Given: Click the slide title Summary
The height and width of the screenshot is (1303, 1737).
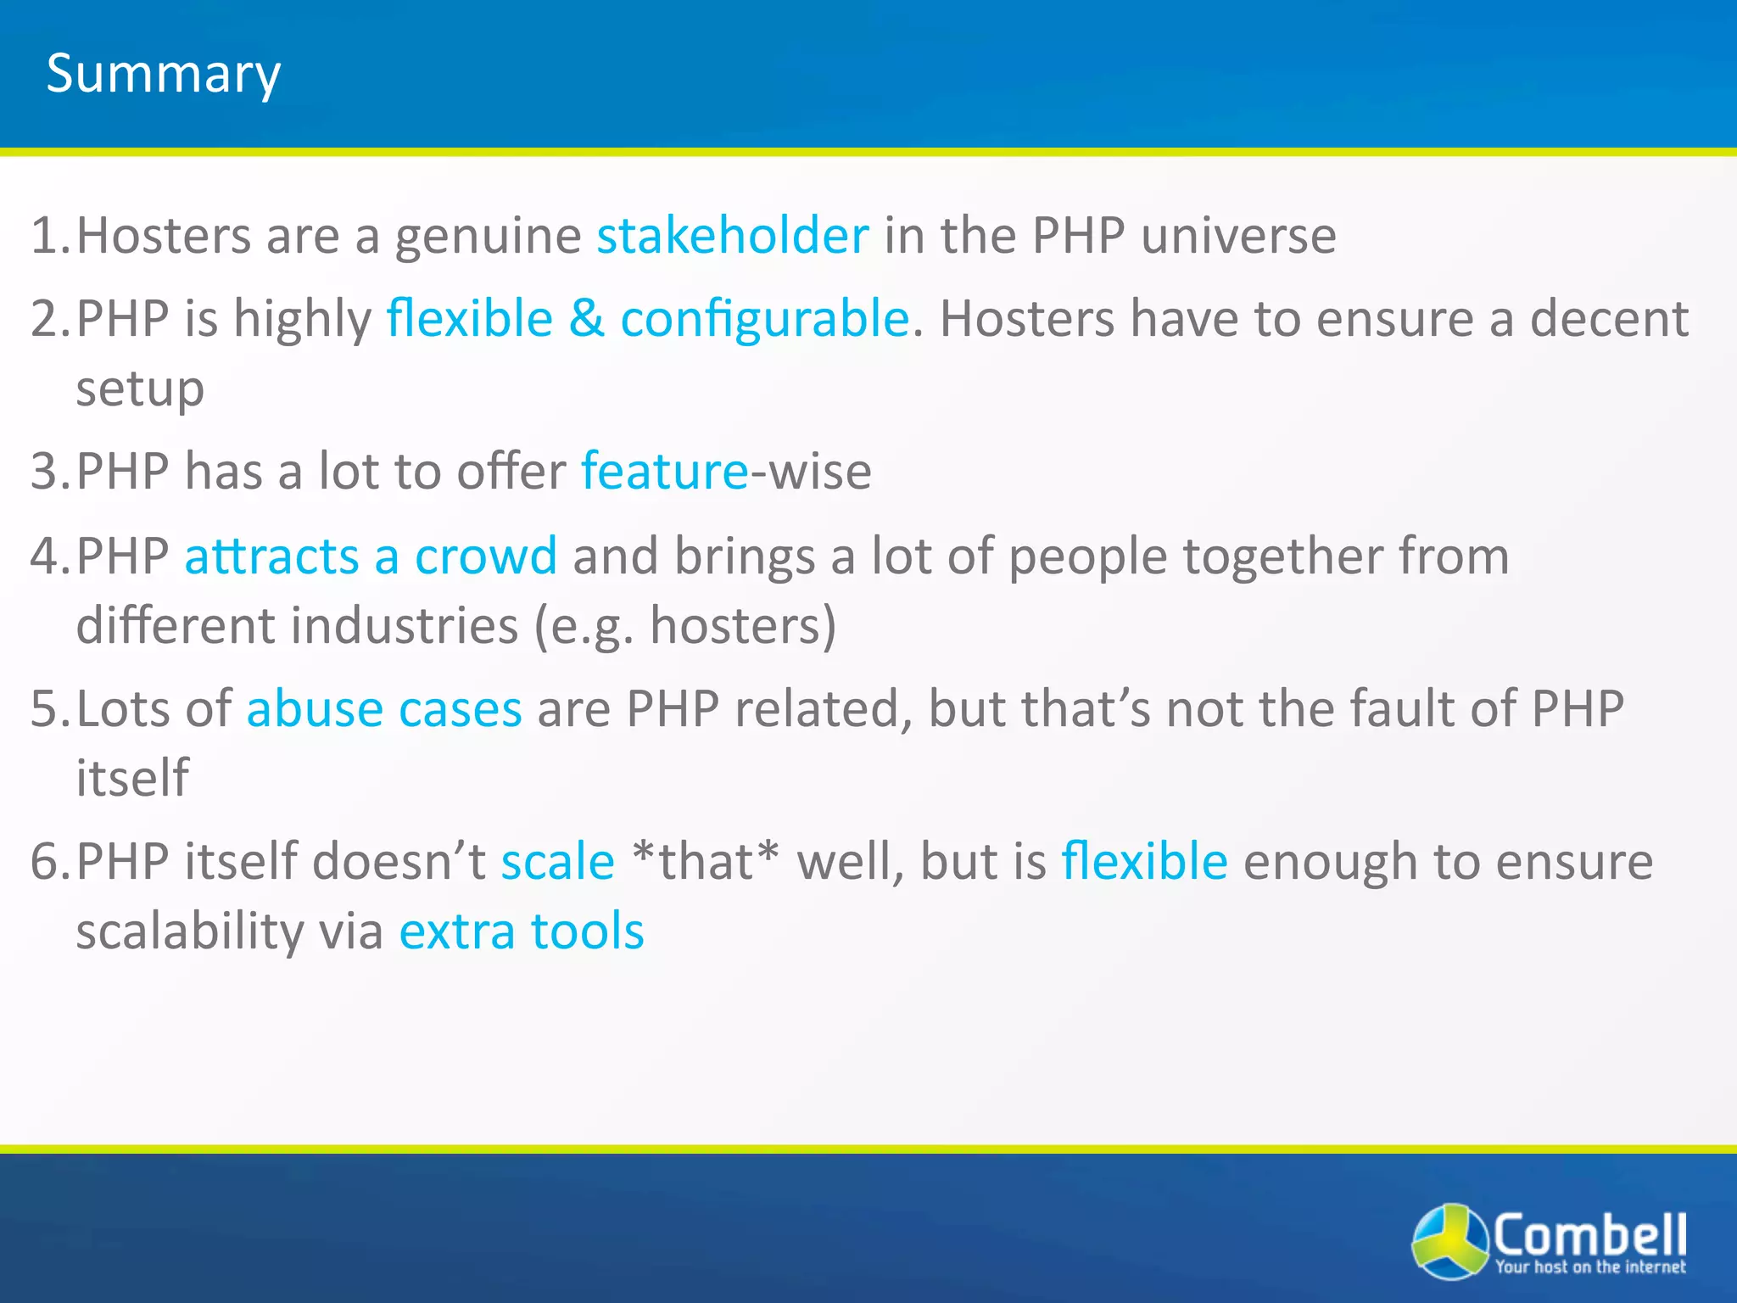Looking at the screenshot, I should (163, 75).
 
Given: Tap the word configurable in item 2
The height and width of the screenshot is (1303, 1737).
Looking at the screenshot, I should (764, 319).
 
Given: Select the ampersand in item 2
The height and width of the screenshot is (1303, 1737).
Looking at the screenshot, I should (587, 319).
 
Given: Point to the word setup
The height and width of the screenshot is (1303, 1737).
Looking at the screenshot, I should (140, 390).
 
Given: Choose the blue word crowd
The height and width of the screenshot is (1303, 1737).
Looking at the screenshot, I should (486, 556).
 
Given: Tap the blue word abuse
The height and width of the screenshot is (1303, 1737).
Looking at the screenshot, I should (315, 709).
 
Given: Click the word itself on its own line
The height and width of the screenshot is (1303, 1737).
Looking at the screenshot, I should (132, 778).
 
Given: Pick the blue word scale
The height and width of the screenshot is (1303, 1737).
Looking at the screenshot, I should (557, 862).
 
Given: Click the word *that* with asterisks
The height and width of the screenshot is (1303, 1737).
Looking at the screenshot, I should (706, 862).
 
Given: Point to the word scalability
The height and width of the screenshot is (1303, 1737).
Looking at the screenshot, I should (189, 931).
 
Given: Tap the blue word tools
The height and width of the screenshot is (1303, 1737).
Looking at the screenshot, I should (587, 931).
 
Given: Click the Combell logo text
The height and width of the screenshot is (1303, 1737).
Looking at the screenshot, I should (1589, 1236).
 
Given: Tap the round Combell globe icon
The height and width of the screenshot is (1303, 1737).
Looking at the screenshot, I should (1449, 1241).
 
